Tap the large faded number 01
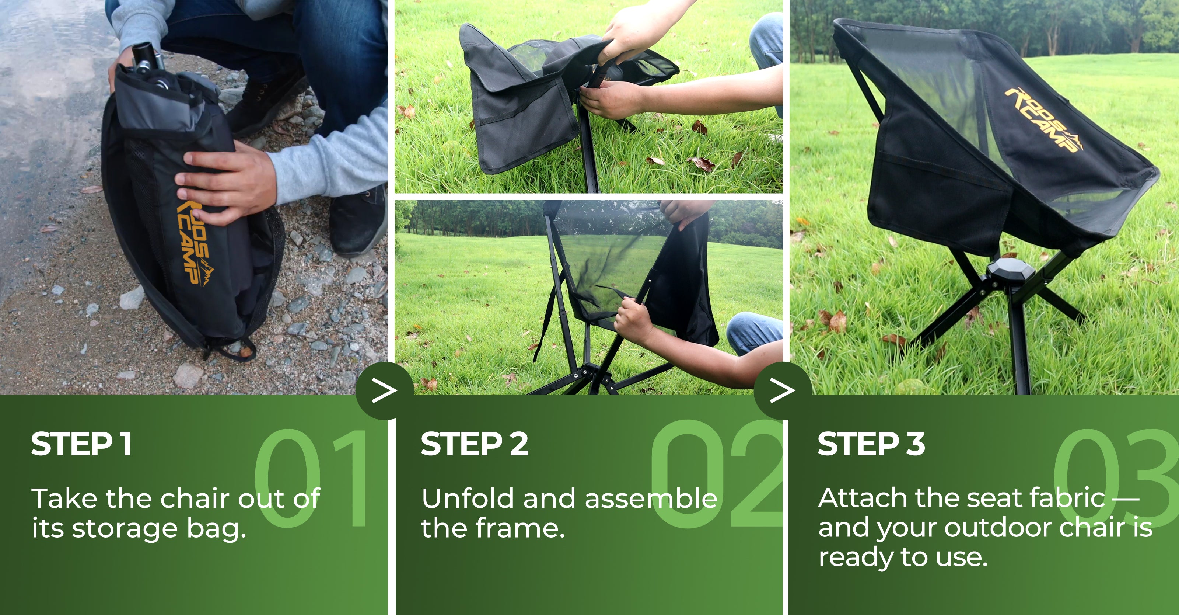tap(311, 477)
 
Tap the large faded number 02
tap(716, 473)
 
